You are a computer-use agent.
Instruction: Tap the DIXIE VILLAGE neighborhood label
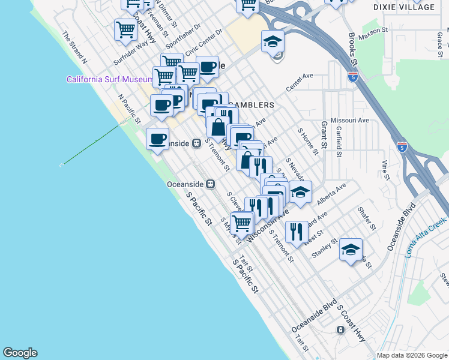point(412,7)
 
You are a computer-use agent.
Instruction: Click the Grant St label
point(324,134)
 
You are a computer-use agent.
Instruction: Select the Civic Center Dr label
point(203,44)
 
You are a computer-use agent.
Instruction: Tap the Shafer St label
point(366,218)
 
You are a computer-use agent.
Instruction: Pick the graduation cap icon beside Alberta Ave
point(300,192)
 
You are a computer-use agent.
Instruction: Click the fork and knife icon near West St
point(297,232)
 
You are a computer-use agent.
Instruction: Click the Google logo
point(20,353)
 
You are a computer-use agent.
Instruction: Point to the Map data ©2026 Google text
point(411,355)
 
